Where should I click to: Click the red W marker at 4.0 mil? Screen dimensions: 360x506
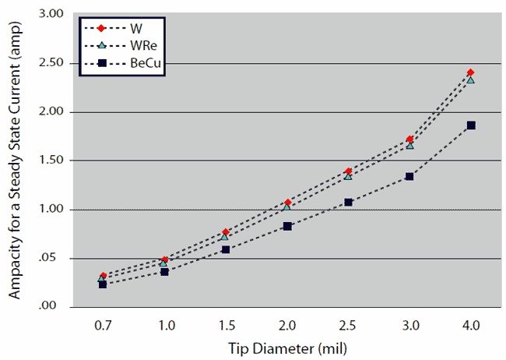point(470,72)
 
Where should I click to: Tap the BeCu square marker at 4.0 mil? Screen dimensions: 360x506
point(471,125)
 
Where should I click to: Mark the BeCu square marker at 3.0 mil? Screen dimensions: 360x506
point(409,177)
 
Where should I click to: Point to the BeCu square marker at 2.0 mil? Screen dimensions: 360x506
point(287,226)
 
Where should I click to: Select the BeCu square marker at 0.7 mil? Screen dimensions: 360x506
point(103,284)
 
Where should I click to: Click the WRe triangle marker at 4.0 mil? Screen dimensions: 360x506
point(470,79)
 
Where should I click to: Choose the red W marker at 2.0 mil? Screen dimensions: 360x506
point(287,203)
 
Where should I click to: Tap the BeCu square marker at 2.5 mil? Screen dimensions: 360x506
point(349,203)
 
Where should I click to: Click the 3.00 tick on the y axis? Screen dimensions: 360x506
point(51,14)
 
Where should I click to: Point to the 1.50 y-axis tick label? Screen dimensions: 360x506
point(51,161)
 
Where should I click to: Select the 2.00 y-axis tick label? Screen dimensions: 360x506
point(51,112)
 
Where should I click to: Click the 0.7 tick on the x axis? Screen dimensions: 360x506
point(103,323)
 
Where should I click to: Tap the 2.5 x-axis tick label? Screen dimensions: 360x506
point(349,323)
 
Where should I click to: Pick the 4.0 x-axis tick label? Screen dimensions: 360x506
point(471,323)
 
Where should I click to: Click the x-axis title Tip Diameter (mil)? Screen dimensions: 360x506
point(286,347)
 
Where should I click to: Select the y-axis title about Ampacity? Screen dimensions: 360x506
point(16,160)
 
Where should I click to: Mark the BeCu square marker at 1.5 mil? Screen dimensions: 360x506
point(226,249)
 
